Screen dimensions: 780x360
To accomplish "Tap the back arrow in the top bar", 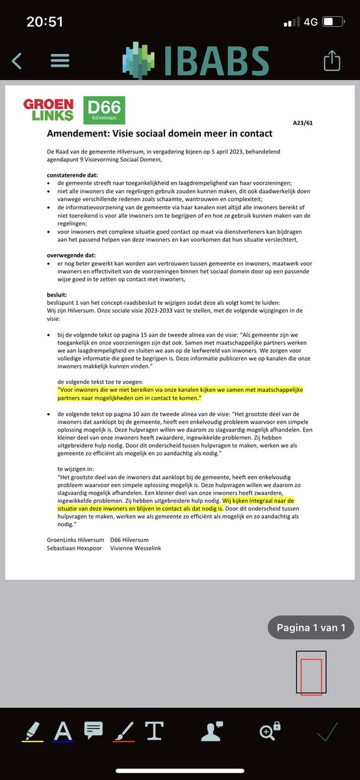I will point(17,61).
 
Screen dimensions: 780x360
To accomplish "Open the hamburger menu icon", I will point(60,61).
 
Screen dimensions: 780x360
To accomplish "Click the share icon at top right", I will point(331,61).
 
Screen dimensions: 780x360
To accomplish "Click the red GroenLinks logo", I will point(49,110).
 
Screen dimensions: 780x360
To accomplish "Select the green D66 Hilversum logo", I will point(104,110).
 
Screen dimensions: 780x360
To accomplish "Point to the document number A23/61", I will point(302,122).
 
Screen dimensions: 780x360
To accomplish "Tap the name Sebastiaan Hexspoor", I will point(75,548).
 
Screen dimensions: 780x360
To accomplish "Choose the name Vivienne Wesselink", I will point(136,548).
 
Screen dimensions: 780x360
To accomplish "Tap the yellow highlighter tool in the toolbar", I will point(32,731).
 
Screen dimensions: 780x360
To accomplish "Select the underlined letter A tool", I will point(62,731).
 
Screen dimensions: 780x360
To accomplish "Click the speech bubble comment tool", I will point(93,731).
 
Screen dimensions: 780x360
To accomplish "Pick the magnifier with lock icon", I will point(269,731).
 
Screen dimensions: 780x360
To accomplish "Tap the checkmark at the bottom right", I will point(327,732).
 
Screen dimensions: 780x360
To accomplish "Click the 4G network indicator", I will point(310,21).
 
